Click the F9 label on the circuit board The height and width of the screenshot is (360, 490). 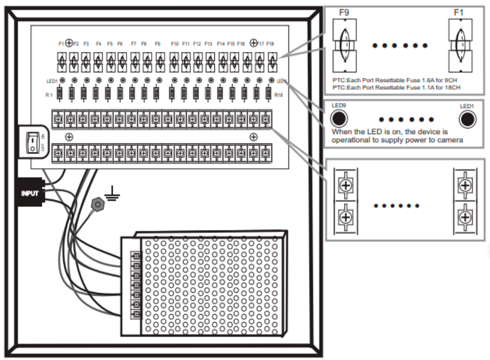pyautogui.click(x=158, y=44)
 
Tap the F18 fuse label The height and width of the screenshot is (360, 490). pyautogui.click(x=270, y=44)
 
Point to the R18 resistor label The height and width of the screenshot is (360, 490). pyautogui.click(x=278, y=95)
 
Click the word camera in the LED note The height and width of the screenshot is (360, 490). pyautogui.click(x=450, y=140)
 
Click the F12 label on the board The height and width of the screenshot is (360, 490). pyautogui.click(x=197, y=44)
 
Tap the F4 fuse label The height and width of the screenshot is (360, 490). pyautogui.click(x=98, y=44)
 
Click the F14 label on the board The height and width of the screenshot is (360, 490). pyautogui.click(x=220, y=44)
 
